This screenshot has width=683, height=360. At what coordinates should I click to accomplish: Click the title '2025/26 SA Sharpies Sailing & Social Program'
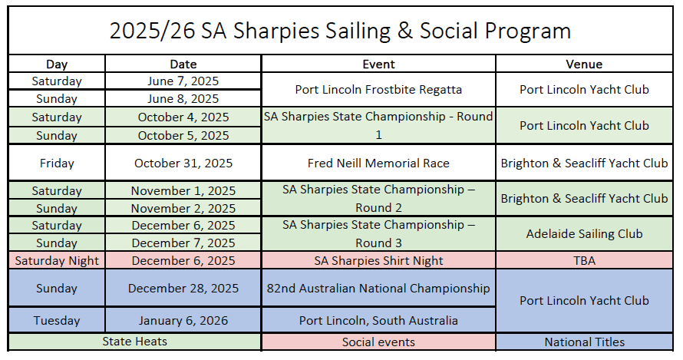click(340, 31)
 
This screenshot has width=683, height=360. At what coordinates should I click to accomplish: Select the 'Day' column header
click(57, 64)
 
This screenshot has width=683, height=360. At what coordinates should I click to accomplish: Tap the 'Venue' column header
click(584, 64)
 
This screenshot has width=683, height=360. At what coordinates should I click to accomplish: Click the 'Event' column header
click(378, 64)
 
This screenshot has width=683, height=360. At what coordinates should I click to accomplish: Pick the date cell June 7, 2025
click(183, 81)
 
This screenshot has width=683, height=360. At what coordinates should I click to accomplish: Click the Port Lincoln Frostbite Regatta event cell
click(378, 89)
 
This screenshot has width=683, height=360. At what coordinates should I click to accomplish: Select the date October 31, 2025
click(183, 163)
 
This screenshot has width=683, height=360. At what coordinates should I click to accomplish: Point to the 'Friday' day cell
click(57, 163)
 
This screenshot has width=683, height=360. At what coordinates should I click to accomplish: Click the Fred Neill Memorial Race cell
click(378, 163)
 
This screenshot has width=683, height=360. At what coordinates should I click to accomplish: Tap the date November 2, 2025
click(183, 208)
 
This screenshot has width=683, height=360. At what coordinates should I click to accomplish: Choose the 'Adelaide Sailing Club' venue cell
click(584, 233)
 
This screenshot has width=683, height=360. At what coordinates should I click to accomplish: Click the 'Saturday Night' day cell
click(57, 261)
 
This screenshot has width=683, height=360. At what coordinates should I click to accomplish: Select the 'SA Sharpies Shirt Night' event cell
click(378, 261)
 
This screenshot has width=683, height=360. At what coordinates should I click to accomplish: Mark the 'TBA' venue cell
click(584, 261)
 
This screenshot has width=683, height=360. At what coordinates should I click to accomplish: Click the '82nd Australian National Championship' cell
click(378, 288)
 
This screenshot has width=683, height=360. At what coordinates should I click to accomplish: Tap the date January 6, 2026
click(183, 320)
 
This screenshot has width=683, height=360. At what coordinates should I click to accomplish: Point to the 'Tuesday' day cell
click(57, 320)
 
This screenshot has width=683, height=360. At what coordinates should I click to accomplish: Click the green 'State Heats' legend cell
click(134, 342)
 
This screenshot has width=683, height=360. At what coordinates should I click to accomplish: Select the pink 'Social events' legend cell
click(378, 342)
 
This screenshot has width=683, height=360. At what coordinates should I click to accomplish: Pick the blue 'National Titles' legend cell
click(584, 342)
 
